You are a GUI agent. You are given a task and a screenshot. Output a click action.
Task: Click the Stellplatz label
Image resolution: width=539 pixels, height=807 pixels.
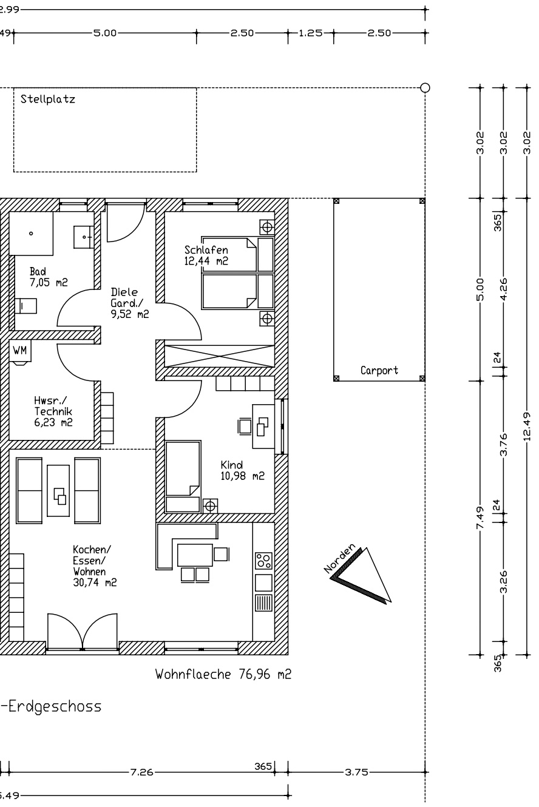coord(47,99)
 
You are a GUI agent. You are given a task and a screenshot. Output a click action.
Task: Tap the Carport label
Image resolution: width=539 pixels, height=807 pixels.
coord(379,370)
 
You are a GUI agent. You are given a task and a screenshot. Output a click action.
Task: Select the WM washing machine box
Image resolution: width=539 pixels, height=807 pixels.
coord(20,350)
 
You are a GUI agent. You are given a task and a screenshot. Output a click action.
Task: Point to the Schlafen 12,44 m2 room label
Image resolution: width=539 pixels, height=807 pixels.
coord(206,255)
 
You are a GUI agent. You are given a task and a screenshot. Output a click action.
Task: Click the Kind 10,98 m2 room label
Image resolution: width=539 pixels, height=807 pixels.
coord(242,470)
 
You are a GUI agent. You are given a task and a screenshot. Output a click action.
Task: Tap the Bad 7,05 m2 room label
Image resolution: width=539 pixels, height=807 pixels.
coord(49,277)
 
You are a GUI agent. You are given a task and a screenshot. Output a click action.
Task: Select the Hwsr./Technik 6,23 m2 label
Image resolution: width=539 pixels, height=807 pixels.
coord(53,411)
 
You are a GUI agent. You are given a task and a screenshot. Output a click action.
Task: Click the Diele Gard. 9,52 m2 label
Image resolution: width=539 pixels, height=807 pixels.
coord(129,303)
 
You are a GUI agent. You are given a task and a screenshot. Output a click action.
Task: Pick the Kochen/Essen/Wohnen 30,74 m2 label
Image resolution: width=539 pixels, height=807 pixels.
coord(95,566)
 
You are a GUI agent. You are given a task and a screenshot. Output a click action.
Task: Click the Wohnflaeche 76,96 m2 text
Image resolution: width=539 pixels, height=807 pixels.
coord(223,674)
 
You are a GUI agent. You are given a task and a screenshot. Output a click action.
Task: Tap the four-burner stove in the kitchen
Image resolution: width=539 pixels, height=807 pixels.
coord(263,561)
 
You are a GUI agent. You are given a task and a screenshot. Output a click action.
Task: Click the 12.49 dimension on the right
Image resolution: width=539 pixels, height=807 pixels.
coord(526,427)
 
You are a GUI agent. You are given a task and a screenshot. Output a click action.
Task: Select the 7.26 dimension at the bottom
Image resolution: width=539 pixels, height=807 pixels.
coord(141,772)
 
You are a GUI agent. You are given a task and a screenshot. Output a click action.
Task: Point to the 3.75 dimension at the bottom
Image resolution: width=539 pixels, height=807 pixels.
coord(356,772)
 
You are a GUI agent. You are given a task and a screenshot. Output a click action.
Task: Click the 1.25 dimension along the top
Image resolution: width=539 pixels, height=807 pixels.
coord(311,33)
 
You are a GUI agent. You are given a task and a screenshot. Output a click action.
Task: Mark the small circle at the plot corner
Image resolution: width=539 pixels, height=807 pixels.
coord(425,87)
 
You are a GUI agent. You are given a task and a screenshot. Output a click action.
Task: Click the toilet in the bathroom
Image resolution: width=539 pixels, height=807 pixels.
coord(26,306)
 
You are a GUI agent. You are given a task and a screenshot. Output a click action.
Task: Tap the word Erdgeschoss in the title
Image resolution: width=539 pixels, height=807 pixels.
coord(55,706)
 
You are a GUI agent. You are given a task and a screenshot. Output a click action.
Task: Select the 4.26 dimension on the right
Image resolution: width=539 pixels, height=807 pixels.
coord(504,289)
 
